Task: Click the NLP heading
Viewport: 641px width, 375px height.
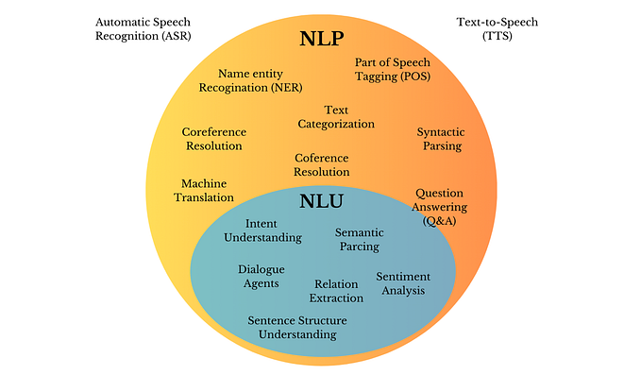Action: (x=320, y=40)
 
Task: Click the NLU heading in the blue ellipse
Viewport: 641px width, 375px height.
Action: (x=321, y=201)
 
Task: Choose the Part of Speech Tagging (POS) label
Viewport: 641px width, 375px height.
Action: (x=393, y=70)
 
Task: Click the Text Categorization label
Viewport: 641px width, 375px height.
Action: (x=336, y=117)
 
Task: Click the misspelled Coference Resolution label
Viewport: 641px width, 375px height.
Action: (x=322, y=165)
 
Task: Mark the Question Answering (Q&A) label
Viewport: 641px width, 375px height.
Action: (x=441, y=207)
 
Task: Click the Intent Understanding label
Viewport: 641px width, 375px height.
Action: (x=261, y=230)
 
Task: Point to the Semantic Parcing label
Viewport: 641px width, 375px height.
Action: (x=358, y=239)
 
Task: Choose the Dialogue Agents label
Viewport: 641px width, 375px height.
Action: (x=261, y=276)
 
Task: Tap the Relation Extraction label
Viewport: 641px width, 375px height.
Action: (x=338, y=291)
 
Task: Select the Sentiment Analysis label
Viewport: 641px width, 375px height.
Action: (x=403, y=283)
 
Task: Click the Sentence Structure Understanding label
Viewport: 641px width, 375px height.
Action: (x=292, y=327)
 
